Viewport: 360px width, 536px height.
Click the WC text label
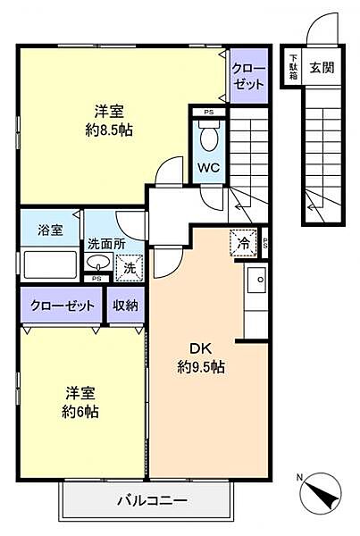[x=207, y=167]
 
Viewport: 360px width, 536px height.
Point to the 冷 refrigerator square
[x=241, y=241]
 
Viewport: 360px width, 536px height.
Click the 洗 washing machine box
[x=129, y=267]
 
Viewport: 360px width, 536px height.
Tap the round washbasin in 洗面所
[x=98, y=263]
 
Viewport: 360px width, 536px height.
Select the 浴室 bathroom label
[x=51, y=230]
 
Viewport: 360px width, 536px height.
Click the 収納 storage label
[x=126, y=306]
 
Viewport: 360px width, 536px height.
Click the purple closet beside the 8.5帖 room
[x=248, y=75]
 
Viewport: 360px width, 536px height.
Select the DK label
[x=197, y=348]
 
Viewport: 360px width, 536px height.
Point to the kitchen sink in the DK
[x=260, y=279]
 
